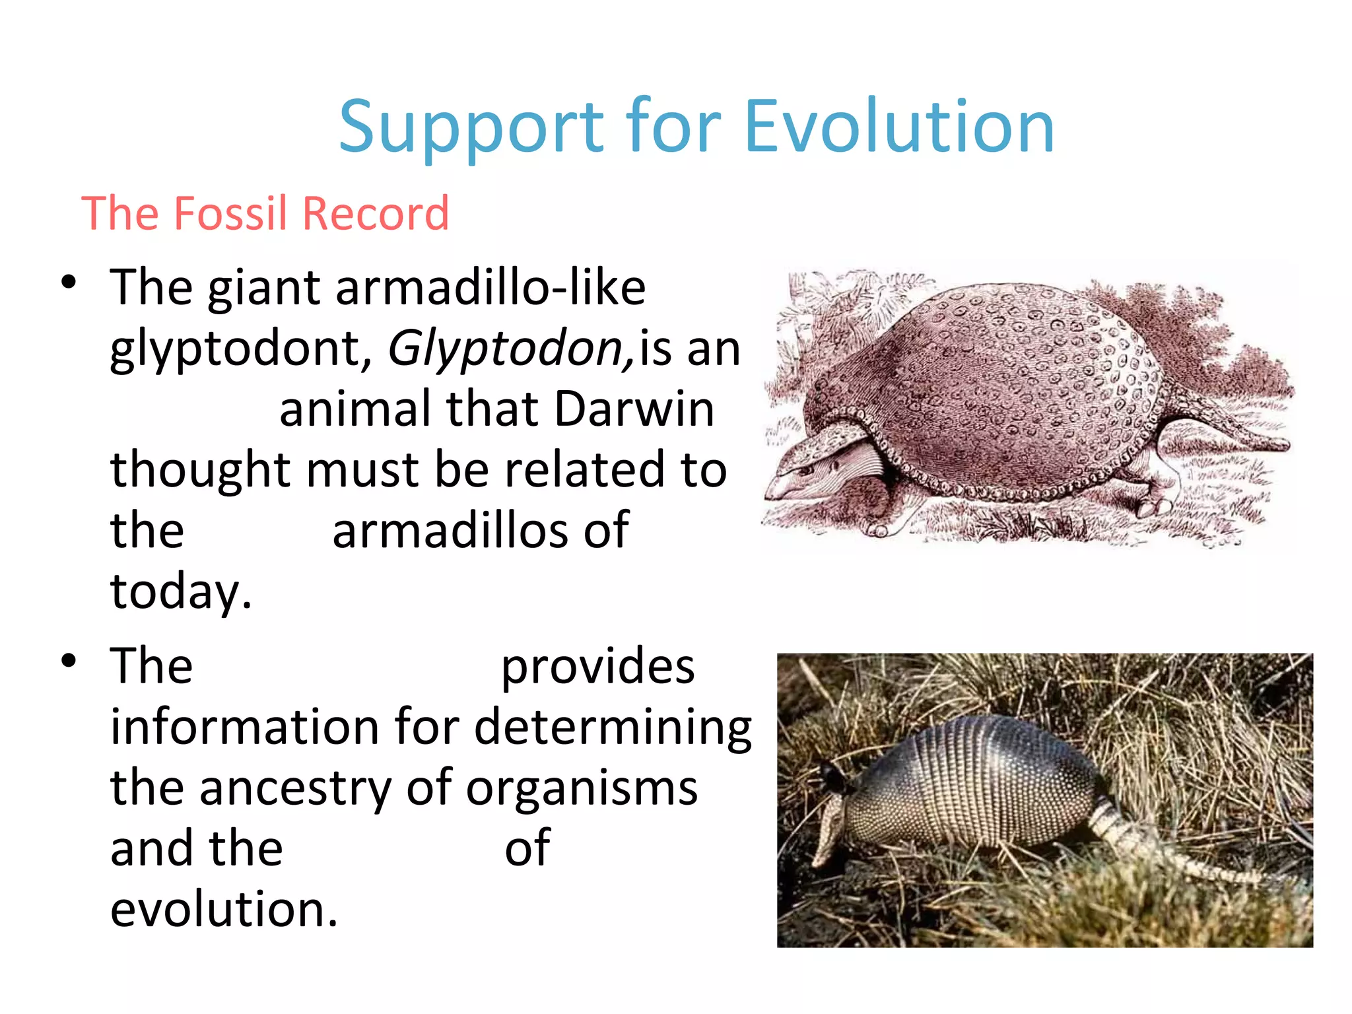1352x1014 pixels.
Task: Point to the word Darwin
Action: (x=634, y=409)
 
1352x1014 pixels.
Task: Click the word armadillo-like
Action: (x=490, y=288)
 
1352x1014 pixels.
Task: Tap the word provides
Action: (x=597, y=666)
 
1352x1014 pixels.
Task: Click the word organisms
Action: (x=582, y=788)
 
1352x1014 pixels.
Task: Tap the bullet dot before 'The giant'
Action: (x=69, y=283)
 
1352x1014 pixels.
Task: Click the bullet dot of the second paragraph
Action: (x=69, y=661)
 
